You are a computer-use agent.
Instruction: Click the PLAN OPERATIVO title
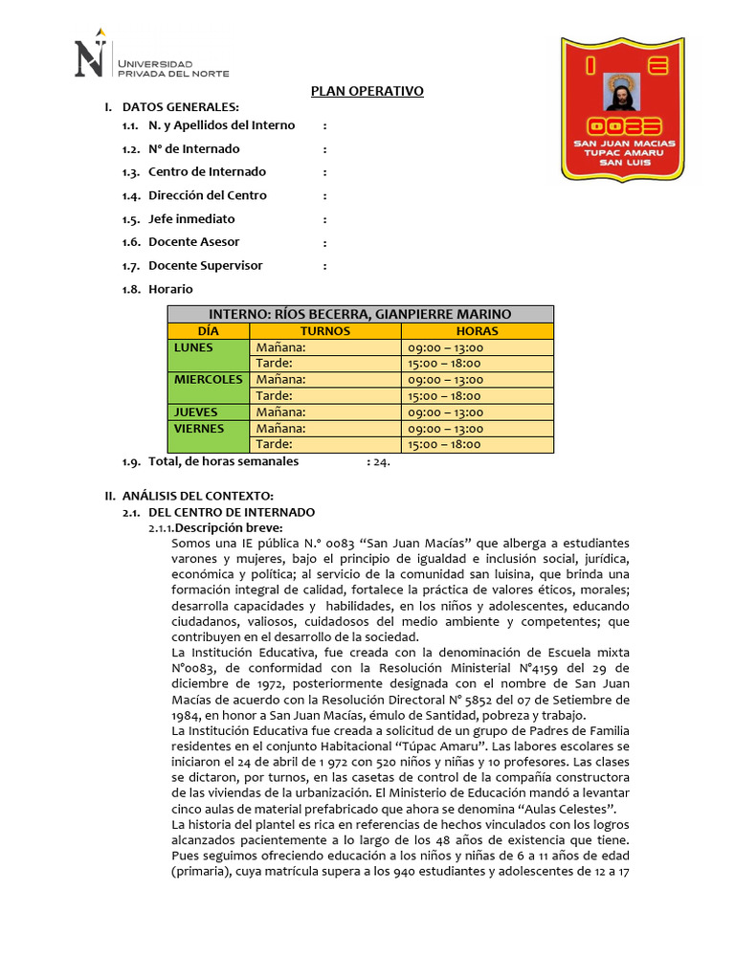367,92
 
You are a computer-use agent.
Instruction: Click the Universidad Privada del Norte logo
151,59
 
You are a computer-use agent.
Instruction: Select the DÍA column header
209,331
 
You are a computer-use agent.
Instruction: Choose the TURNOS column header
325,331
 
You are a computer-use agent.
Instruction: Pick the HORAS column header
477,331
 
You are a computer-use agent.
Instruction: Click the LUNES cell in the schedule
193,347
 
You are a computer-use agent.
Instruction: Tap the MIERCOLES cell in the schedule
209,380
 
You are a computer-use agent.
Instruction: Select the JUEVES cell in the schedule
195,412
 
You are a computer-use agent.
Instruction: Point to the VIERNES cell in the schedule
199,429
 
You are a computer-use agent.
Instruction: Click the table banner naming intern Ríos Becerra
360,314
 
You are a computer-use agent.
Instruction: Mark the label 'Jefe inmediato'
191,219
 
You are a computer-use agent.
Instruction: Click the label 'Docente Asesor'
194,242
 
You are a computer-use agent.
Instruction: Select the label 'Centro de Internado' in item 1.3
207,172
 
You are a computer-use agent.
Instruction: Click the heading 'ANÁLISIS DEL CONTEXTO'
198,496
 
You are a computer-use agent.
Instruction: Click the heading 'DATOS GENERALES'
188,107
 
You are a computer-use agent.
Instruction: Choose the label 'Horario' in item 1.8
170,289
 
